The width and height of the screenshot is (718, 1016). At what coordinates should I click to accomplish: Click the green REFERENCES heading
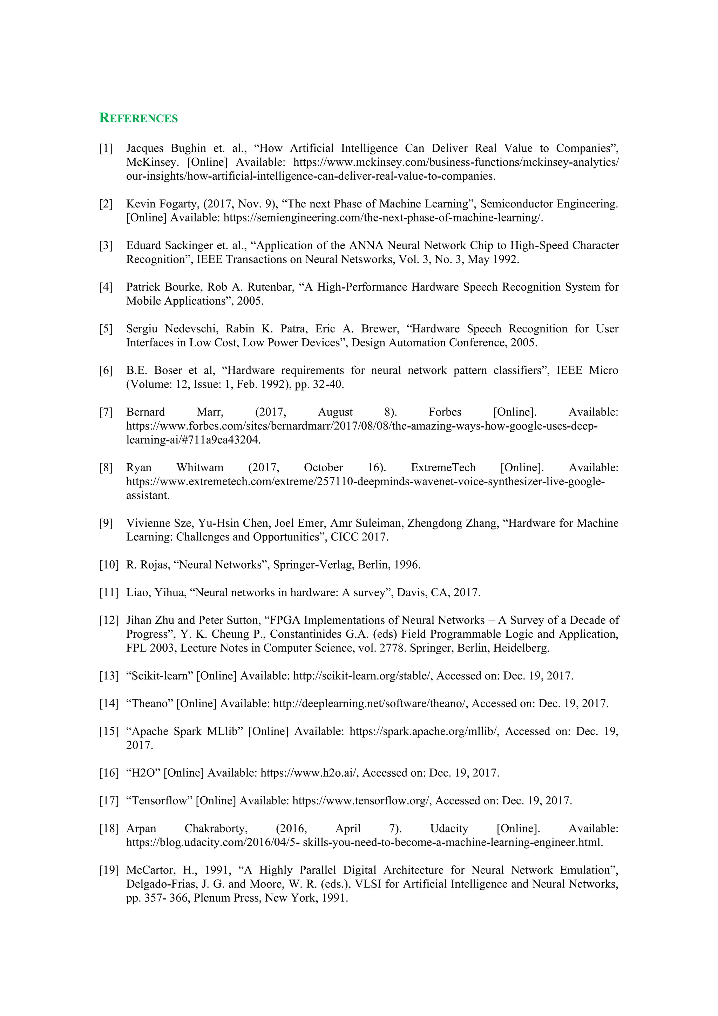(138, 118)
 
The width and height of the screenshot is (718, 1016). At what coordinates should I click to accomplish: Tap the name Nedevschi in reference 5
(191, 328)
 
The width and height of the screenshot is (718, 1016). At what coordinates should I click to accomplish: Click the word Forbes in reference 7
(445, 412)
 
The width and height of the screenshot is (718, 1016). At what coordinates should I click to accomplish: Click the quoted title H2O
(143, 773)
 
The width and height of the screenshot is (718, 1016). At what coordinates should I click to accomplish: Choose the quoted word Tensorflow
(159, 801)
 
